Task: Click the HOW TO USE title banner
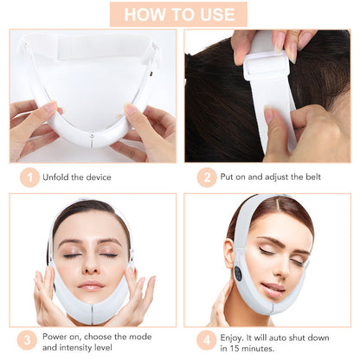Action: click(179, 14)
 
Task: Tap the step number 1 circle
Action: click(30, 177)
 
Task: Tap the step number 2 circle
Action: click(207, 177)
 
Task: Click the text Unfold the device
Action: click(78, 177)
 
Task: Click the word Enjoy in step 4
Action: click(239, 334)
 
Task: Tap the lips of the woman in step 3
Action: click(91, 286)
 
